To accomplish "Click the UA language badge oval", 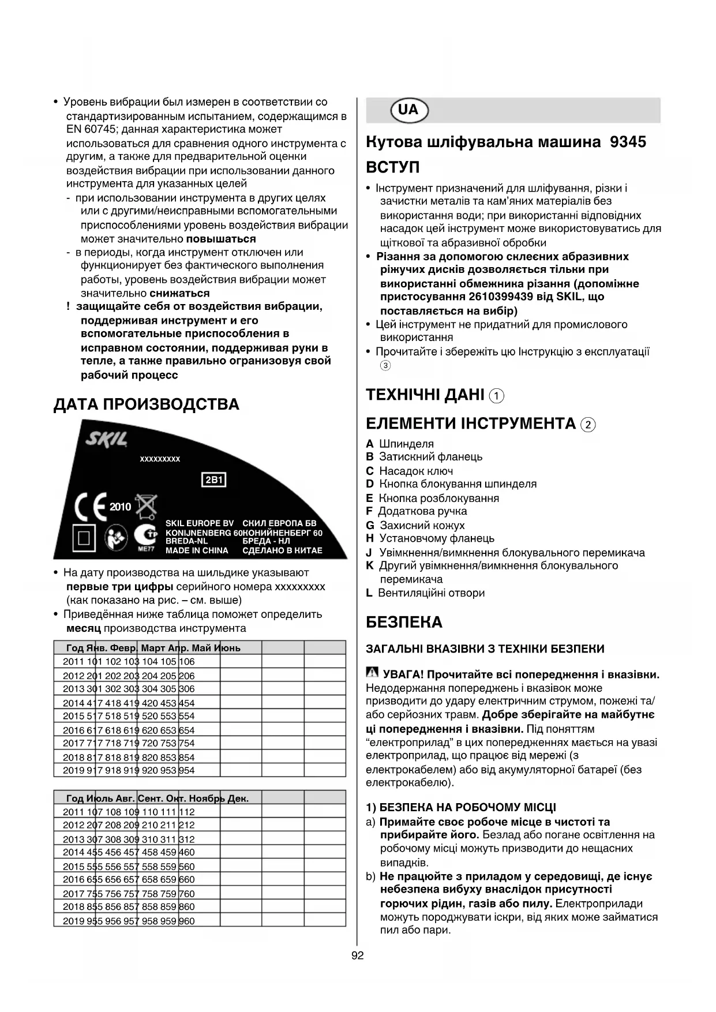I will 409,110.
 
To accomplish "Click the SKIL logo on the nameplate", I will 106,441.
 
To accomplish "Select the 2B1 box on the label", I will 213,479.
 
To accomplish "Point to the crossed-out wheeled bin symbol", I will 146,506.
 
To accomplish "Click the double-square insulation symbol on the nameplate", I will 84,538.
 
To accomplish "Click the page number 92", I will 358,955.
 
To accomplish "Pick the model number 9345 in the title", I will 628,142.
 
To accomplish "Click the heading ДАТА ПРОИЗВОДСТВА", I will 146,404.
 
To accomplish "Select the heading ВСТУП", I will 393,168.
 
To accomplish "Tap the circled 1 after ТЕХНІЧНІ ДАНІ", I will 496,396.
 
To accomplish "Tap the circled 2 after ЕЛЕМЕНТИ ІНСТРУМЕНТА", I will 588,425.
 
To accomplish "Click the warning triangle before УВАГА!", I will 372,673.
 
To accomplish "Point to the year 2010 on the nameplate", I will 121,507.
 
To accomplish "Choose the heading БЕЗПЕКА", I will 404,623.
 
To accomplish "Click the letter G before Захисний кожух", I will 370,525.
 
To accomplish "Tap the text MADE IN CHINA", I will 197,550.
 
